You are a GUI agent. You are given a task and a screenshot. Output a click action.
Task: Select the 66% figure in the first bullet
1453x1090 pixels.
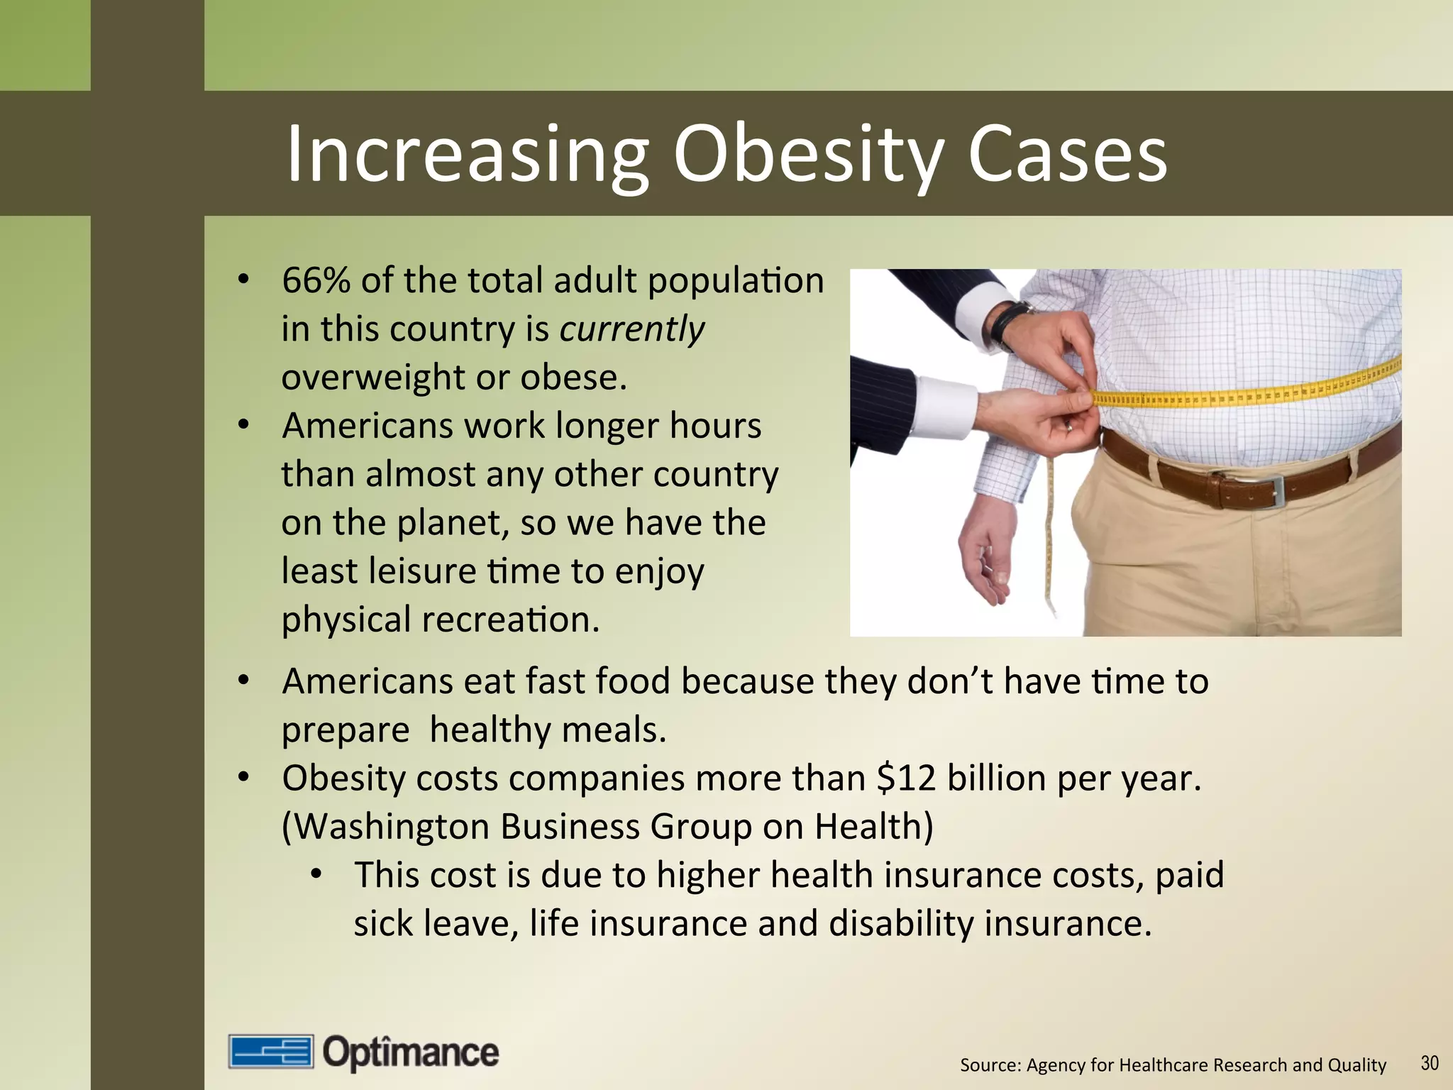(316, 280)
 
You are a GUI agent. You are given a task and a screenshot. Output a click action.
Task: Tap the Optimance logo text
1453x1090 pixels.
(411, 1052)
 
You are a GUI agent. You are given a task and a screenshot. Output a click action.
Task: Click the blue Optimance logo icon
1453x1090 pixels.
(270, 1052)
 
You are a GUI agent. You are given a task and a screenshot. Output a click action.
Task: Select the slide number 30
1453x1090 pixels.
(1430, 1063)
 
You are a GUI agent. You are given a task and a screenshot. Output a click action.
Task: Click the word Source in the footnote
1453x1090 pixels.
(989, 1065)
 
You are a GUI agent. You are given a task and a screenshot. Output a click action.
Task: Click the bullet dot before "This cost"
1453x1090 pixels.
(316, 874)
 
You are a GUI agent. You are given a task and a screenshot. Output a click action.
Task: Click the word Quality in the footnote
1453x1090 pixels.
(1357, 1065)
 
